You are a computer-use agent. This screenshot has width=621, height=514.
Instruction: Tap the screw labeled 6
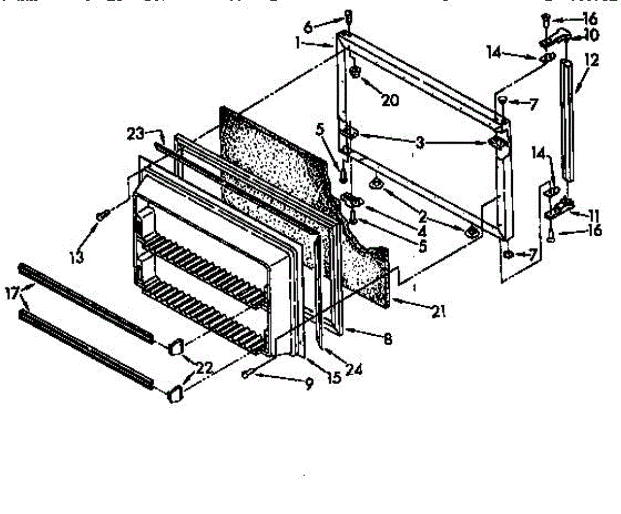click(348, 19)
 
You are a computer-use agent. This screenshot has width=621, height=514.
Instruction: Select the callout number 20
click(390, 100)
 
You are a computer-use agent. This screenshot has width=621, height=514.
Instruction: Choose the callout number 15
click(334, 377)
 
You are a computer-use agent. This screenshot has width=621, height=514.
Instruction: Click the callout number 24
click(353, 368)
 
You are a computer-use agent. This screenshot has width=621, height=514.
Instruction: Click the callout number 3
click(420, 142)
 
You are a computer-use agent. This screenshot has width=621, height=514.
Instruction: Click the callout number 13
click(77, 258)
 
